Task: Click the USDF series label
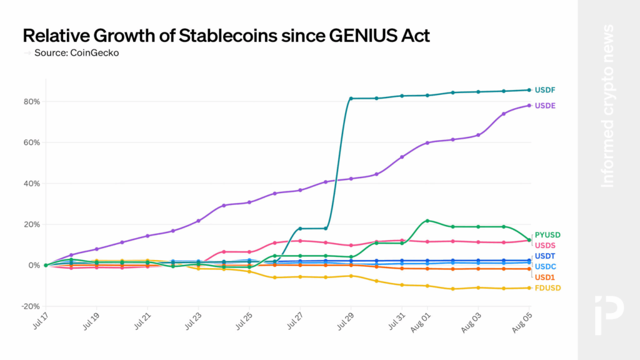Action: tap(545, 90)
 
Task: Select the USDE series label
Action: tap(545, 106)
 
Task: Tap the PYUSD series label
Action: tap(547, 235)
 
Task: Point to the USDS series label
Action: tap(545, 245)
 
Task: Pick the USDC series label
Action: tap(545, 267)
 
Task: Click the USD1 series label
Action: tap(544, 277)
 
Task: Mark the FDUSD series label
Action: tap(547, 288)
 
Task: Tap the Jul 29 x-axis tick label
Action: tap(344, 321)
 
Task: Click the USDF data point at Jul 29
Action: tap(351, 99)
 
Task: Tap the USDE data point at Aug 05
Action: tap(529, 105)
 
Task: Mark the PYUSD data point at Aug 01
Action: tap(427, 221)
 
